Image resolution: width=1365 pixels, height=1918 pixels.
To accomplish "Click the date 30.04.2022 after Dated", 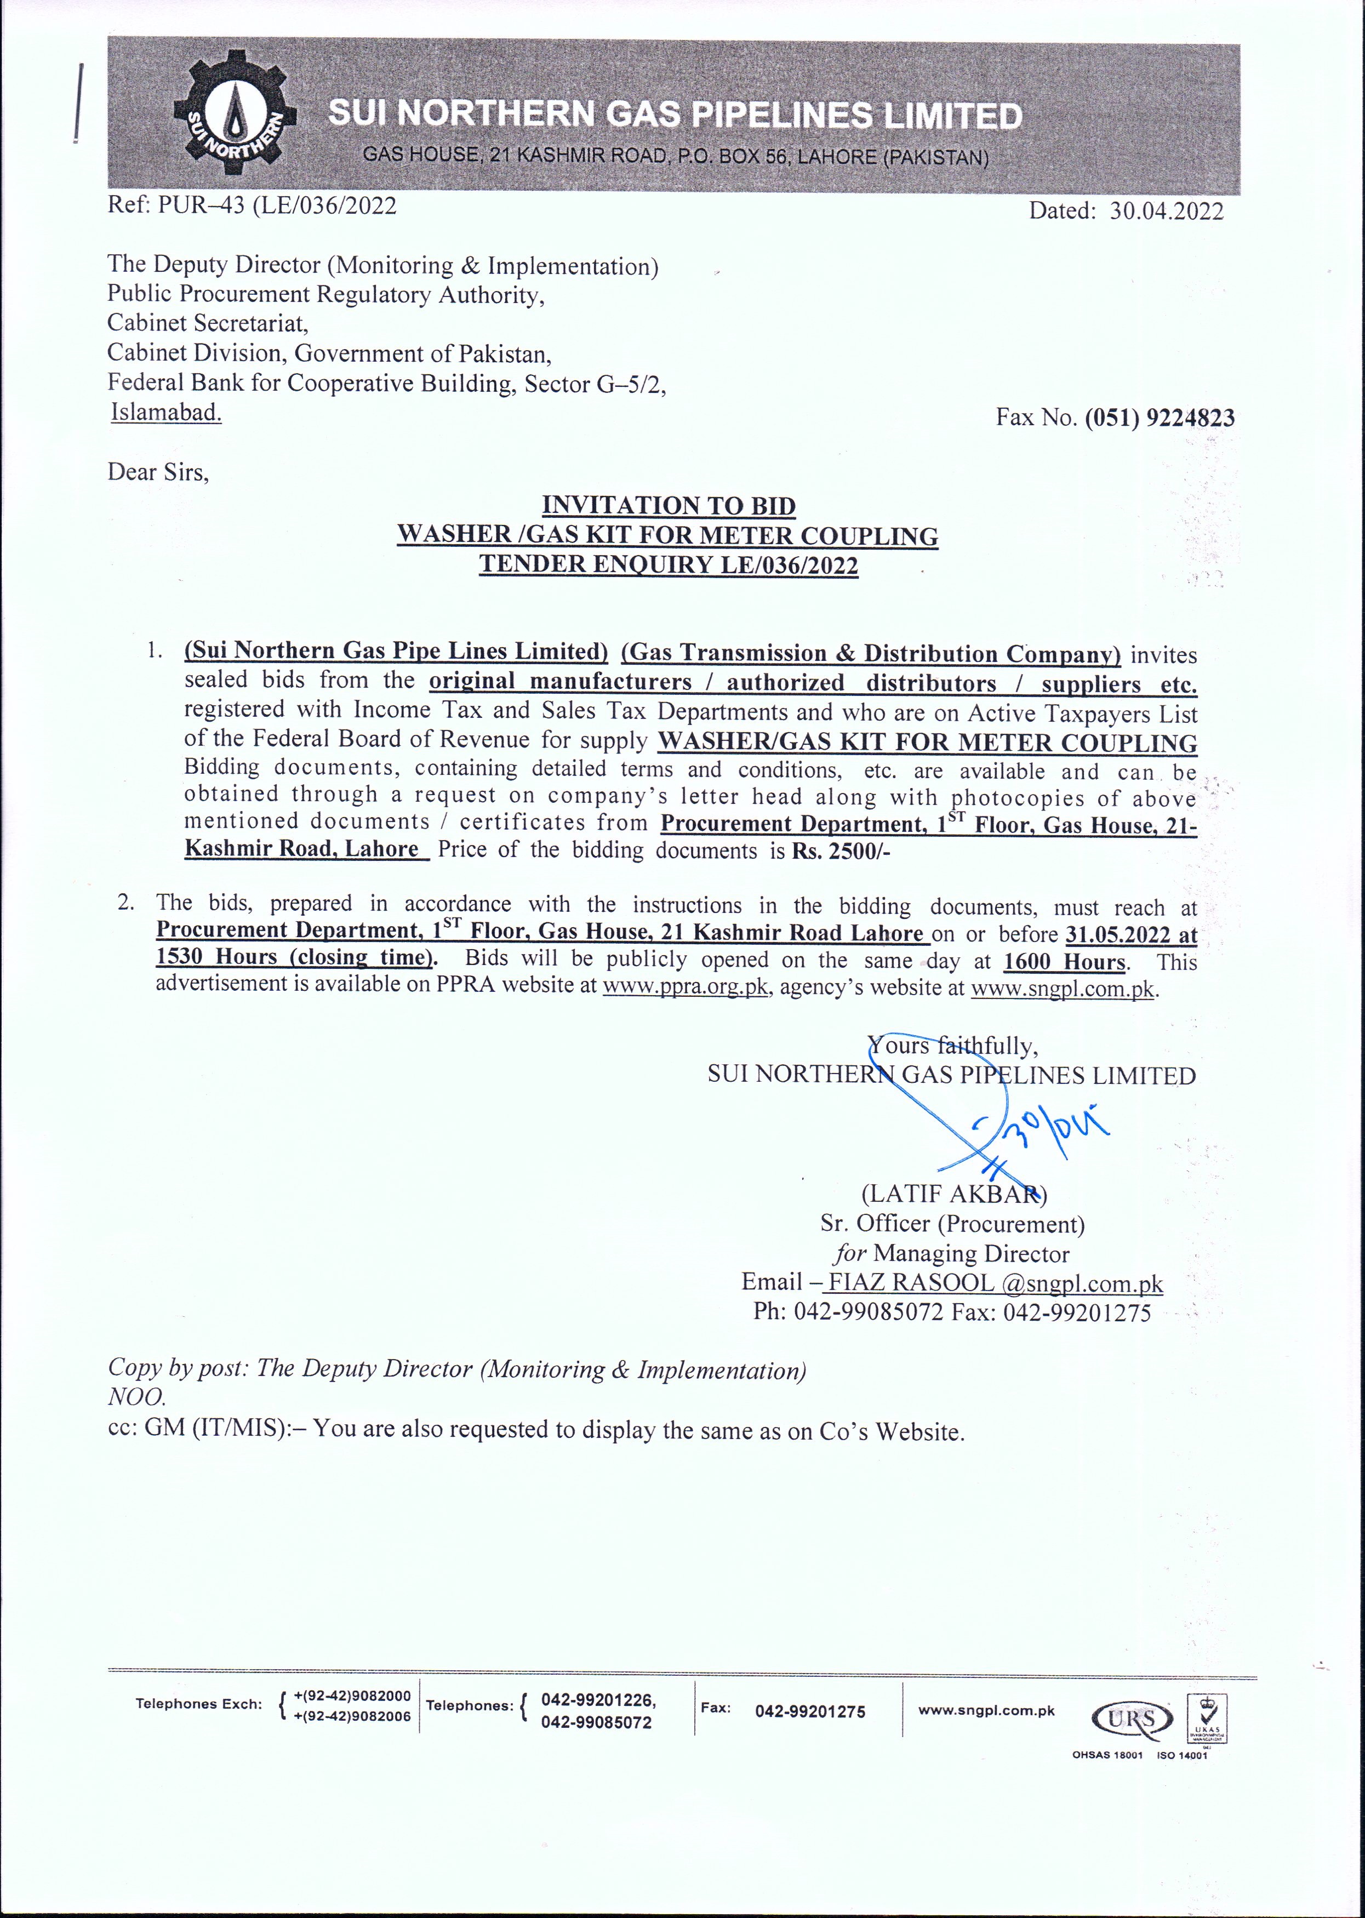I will (1166, 211).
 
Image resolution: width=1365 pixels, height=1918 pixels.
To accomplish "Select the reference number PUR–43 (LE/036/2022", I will (277, 206).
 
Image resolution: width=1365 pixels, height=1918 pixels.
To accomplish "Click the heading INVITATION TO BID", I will (668, 506).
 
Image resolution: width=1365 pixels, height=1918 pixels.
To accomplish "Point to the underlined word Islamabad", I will (167, 413).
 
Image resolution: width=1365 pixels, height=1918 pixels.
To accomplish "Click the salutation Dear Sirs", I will (158, 472).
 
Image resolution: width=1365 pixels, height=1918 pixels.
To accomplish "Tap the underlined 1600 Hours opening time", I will (1065, 962).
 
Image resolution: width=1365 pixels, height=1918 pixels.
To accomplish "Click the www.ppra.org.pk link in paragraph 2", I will (686, 987).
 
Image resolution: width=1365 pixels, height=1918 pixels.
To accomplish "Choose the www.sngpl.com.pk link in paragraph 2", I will (1063, 989).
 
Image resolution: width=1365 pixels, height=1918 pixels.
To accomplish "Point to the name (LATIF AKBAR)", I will (953, 1194).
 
